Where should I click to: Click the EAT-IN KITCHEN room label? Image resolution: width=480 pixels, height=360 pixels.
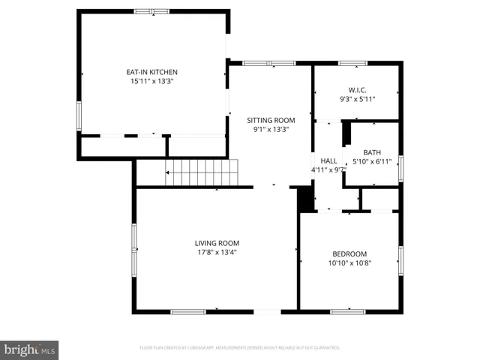point(151,72)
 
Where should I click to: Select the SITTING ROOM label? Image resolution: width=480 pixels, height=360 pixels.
point(271,120)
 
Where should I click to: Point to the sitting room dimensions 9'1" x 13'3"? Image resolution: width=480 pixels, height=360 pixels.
point(271,129)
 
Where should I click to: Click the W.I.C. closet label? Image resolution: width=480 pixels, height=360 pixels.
point(357,90)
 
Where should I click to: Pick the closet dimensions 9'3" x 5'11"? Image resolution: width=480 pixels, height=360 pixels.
point(357,99)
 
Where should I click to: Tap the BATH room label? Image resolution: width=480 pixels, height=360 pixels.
point(373,152)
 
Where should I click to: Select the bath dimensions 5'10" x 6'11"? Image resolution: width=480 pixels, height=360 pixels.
point(373,161)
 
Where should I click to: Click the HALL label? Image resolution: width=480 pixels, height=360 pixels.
point(328,160)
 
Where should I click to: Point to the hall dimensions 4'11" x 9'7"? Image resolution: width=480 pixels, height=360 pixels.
point(328,169)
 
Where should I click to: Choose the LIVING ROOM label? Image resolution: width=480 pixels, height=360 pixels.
point(217,243)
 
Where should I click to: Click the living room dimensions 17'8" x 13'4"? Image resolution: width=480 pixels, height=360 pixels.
point(217,252)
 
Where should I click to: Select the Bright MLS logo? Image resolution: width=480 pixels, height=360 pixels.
point(30,349)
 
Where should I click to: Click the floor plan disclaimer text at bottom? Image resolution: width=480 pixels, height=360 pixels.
point(240,348)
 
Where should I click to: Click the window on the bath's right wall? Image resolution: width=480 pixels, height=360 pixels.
point(400,168)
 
